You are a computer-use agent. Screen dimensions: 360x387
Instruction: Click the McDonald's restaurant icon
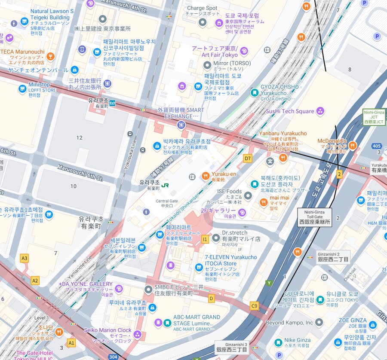coord(353,146)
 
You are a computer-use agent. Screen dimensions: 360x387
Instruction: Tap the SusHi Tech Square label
coord(290,111)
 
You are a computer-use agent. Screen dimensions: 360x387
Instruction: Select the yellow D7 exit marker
coord(247,158)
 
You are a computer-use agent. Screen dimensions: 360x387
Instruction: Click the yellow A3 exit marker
coord(25,258)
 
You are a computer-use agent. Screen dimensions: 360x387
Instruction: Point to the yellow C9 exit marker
coord(254,306)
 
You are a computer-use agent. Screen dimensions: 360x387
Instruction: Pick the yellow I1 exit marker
coord(205,239)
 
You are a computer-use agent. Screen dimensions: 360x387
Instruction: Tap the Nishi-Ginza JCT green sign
coord(374,117)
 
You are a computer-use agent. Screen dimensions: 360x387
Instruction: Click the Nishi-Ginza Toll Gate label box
coord(314,217)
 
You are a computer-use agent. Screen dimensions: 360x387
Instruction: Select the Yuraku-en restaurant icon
coord(205,176)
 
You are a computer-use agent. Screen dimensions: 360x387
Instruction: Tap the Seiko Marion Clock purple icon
coord(138,334)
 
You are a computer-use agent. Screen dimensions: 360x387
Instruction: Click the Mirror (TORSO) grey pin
coord(207,65)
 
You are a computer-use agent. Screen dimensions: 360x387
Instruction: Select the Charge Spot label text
coord(202,8)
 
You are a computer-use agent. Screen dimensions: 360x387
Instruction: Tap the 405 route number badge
coord(377,146)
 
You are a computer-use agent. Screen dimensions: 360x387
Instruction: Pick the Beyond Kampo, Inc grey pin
coord(319,322)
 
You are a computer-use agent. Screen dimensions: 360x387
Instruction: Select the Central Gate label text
coord(166,201)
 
